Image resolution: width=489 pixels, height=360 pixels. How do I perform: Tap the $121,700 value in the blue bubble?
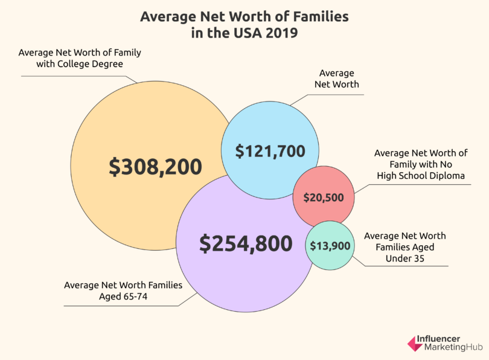tap(270, 151)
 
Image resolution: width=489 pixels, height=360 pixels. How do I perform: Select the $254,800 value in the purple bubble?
tap(246, 243)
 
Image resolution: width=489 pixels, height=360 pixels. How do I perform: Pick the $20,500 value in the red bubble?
tap(323, 198)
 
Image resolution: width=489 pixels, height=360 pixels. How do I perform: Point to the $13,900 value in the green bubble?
tap(329, 245)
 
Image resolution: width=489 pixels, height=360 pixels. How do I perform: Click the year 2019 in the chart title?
tap(281, 33)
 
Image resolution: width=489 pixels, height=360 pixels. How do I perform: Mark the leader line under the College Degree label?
tap(72, 76)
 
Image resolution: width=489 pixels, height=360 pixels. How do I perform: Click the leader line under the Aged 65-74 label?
tap(121, 306)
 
